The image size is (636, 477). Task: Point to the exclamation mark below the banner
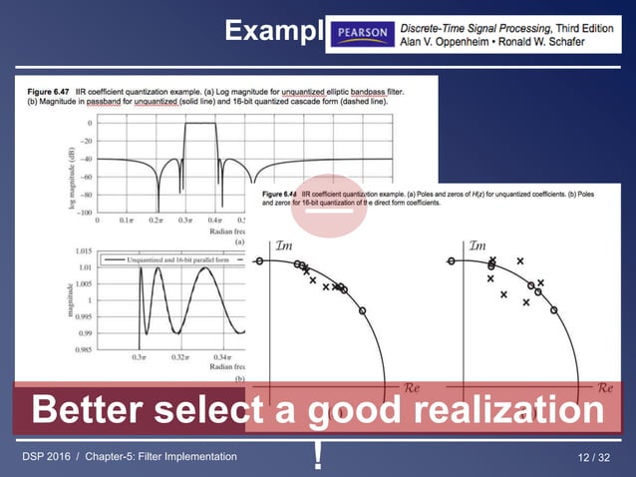(x=317, y=456)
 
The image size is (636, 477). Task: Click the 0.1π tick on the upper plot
(x=127, y=220)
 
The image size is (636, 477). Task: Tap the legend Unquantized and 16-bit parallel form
(x=187, y=258)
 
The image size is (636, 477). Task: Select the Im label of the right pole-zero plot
(x=477, y=245)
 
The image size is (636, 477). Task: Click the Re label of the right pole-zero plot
(x=605, y=387)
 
